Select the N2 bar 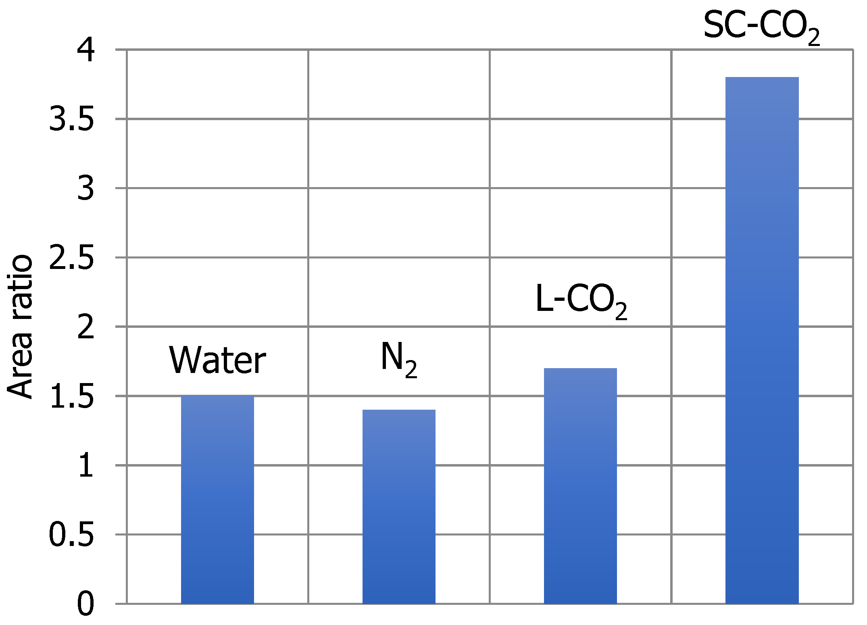click(399, 506)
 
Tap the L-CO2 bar click(580, 485)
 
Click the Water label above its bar click(217, 360)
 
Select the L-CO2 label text click(581, 300)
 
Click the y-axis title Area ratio click(20, 327)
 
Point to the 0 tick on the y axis click(85, 604)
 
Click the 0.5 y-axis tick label click(71, 535)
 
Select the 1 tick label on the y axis click(85, 466)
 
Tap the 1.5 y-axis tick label click(71, 396)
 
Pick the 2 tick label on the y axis click(85, 327)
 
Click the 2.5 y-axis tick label click(71, 258)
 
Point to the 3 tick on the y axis click(85, 188)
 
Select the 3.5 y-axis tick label click(71, 119)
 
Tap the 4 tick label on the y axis click(85, 50)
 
